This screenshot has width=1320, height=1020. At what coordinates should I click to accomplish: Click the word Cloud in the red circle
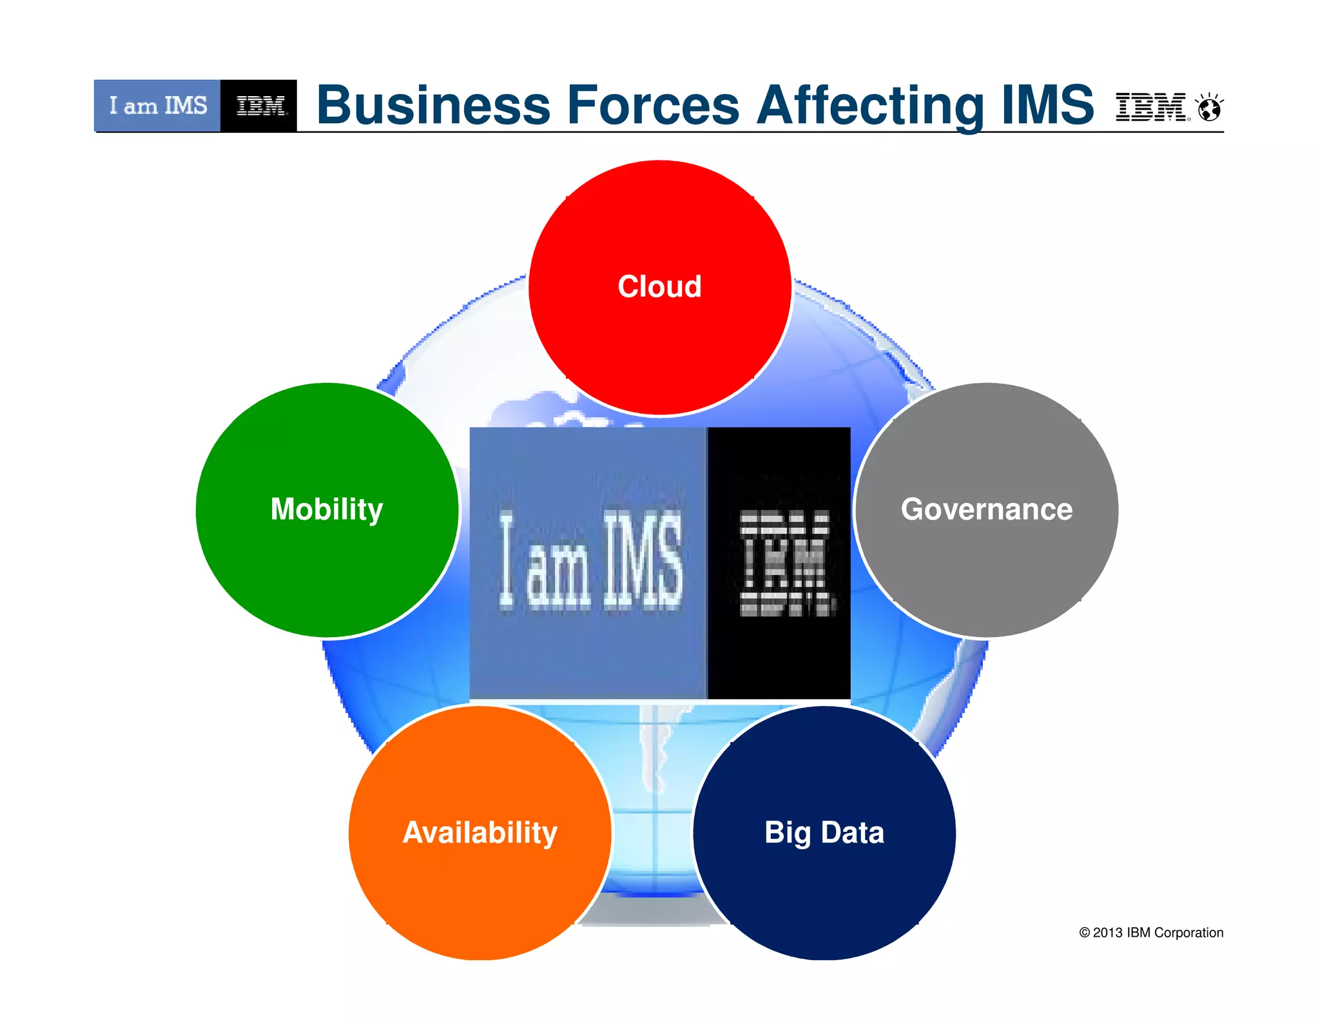(x=659, y=286)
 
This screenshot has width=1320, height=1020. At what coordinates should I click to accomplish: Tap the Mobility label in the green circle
(x=327, y=509)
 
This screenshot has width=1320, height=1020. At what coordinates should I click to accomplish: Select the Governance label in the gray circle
(x=987, y=509)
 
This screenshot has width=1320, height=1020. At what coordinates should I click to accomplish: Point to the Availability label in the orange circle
(x=480, y=832)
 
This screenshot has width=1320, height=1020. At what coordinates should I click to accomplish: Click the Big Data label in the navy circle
(x=824, y=832)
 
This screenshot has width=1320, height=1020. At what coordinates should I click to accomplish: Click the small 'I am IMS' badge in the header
(x=158, y=106)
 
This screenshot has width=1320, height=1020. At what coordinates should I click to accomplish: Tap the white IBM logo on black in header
(x=260, y=106)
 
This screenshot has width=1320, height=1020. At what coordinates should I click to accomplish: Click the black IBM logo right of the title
(x=1150, y=107)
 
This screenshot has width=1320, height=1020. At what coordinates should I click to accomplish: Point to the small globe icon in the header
(x=1209, y=108)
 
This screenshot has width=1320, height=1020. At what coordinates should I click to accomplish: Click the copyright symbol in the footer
(x=1084, y=933)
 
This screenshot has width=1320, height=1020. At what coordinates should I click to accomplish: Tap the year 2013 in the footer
(x=1107, y=933)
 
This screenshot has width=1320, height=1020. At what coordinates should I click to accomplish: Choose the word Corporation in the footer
(x=1189, y=933)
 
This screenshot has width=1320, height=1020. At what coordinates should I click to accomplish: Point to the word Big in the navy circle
(x=787, y=832)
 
